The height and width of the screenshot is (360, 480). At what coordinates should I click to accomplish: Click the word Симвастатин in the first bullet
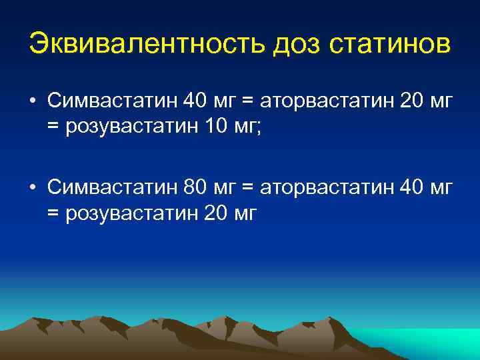111,102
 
